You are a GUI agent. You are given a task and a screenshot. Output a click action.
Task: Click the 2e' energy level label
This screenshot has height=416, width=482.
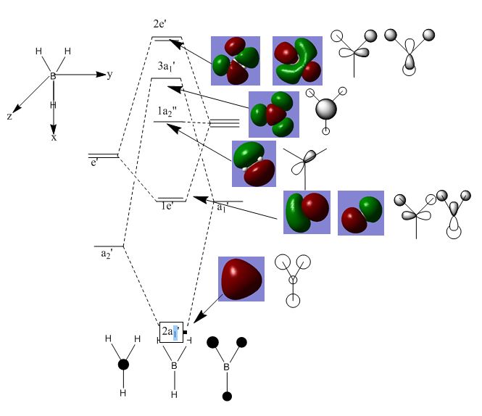tap(160, 23)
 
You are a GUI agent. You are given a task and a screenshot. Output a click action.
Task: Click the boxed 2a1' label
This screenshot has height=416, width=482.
tap(171, 332)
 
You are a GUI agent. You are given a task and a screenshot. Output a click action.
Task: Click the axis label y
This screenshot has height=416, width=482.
tap(109, 75)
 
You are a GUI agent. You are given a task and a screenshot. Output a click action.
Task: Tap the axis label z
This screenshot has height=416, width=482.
tap(9, 116)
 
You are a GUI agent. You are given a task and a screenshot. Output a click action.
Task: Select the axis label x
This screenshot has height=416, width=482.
tap(54, 137)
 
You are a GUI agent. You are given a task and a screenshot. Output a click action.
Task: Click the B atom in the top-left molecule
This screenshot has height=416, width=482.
tap(52, 75)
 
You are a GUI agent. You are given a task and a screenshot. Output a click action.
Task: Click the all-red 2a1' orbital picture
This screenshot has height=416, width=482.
tap(241, 278)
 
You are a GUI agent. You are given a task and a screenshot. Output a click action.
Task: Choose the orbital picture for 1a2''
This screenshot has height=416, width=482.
tap(253, 164)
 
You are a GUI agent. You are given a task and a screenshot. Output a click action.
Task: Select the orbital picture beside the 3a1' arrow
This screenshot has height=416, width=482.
tap(273, 114)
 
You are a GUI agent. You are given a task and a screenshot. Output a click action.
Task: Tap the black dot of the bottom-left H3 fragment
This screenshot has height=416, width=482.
tap(123, 364)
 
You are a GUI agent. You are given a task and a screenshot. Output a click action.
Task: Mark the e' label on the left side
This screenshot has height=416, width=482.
tap(94, 164)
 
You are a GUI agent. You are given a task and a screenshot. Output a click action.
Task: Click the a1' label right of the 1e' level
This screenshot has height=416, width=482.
tap(222, 207)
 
